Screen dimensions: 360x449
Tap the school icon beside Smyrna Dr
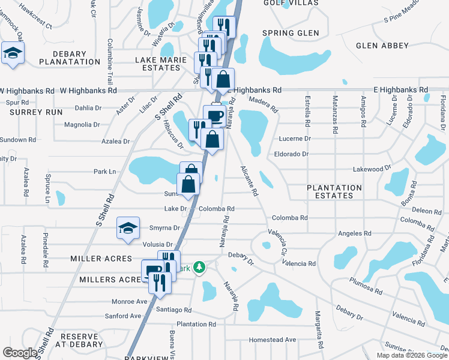point(128,228)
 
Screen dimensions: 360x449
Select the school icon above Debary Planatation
point(13,53)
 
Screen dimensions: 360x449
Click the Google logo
point(20,353)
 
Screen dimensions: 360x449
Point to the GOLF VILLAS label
point(286,3)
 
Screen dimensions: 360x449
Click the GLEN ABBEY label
point(382,46)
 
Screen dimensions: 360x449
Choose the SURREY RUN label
point(37,112)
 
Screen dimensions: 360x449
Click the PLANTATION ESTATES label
point(334,191)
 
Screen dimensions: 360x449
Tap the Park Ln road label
point(104,172)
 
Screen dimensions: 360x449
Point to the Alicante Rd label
point(249,181)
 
